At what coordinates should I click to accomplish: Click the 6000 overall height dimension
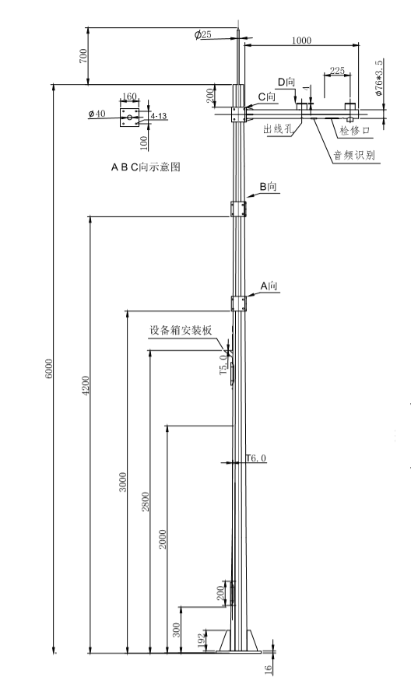(49, 369)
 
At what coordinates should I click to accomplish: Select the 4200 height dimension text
(86, 386)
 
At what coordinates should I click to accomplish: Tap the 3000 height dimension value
(123, 482)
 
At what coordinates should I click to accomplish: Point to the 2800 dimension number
(146, 502)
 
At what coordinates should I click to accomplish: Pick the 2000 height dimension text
(163, 539)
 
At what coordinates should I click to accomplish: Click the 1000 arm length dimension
(301, 40)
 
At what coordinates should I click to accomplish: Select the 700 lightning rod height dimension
(83, 56)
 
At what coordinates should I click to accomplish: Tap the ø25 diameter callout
(203, 34)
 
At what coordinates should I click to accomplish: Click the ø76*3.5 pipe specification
(378, 78)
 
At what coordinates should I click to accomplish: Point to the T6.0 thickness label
(256, 458)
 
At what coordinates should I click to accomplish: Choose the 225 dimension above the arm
(337, 70)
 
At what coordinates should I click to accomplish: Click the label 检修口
(355, 130)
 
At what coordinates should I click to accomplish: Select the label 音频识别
(354, 155)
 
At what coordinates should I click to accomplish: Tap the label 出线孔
(278, 128)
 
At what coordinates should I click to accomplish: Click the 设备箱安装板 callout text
(181, 330)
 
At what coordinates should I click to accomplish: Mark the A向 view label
(269, 286)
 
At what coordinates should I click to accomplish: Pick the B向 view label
(269, 187)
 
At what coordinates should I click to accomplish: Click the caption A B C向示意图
(146, 167)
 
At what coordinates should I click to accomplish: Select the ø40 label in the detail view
(97, 114)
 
